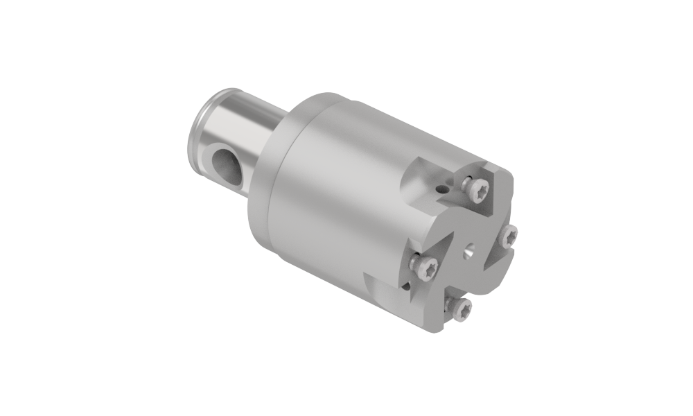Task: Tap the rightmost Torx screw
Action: click(x=509, y=236)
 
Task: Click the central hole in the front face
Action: click(x=469, y=250)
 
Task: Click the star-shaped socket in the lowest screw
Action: click(x=458, y=310)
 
